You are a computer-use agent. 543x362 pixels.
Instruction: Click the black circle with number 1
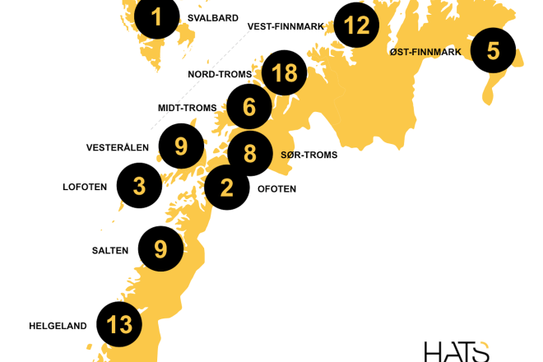pos(156,16)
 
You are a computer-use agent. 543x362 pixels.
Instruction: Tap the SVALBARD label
pos(212,18)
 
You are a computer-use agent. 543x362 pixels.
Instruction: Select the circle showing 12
pos(357,26)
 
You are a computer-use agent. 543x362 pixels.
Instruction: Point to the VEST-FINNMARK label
pos(286,26)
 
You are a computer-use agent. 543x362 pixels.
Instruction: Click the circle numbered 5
pos(493,51)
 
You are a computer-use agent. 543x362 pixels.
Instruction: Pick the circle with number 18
pos(284,73)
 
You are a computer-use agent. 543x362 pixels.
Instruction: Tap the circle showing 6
pos(249,108)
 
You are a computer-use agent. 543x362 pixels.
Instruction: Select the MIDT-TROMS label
pos(187,108)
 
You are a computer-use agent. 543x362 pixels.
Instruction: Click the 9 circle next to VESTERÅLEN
pos(181,146)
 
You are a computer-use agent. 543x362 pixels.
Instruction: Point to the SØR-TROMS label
pos(309,154)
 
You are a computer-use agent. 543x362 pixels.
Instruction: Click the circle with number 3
pos(139,186)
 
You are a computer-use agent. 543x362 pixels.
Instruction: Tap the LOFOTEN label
pos(85,187)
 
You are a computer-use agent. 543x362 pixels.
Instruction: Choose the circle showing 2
pos(227,188)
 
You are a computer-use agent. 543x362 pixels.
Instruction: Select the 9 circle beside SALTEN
pos(160,248)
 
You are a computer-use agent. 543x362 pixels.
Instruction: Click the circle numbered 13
pos(119,325)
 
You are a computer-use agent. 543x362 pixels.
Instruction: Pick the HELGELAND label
pos(58,326)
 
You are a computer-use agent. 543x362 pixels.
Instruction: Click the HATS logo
pos(457,350)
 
